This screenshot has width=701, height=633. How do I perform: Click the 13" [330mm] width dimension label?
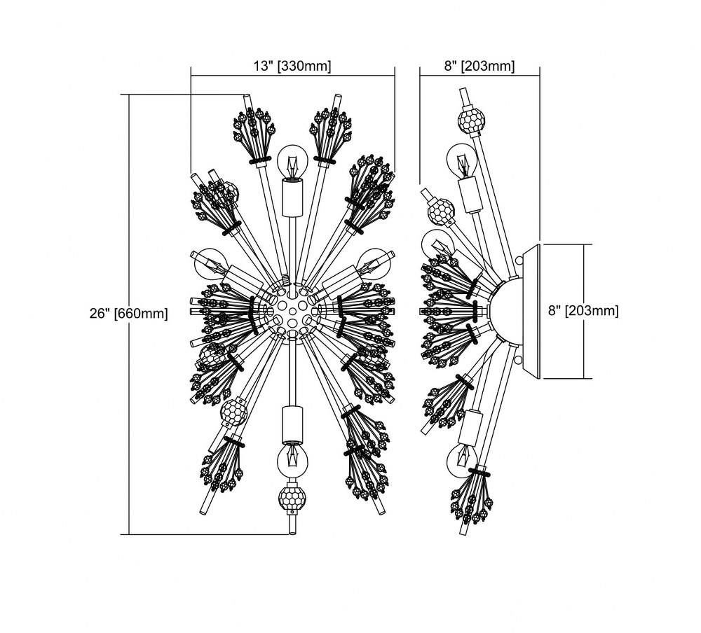tap(292, 66)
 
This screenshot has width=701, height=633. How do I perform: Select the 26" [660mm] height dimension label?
tap(129, 313)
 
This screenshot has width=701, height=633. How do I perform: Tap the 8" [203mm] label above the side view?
tap(479, 66)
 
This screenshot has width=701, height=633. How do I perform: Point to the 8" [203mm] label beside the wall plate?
tap(583, 311)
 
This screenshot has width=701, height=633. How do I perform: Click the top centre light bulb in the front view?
tap(292, 161)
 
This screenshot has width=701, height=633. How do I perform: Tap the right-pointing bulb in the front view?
tap(374, 263)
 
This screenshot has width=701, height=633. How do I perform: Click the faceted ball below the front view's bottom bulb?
tap(292, 498)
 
